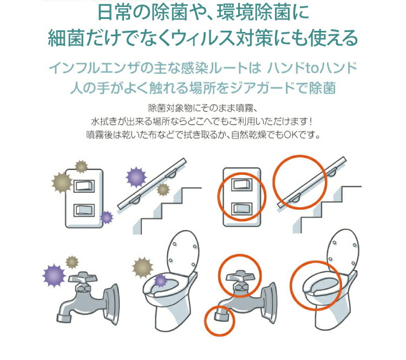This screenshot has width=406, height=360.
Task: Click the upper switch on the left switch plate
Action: (x=84, y=186)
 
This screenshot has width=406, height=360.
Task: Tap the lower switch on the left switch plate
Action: (x=84, y=210)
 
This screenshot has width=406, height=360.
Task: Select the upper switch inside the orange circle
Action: (x=241, y=185)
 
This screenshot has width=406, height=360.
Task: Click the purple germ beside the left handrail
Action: (x=136, y=178)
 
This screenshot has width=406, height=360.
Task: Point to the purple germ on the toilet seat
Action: (x=161, y=281)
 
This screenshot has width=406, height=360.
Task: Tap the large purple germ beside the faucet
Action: (x=54, y=276)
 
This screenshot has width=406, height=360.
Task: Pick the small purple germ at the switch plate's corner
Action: (x=107, y=217)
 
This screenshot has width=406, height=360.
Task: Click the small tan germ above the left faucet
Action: (x=72, y=262)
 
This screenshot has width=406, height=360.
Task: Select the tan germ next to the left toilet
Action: (x=142, y=267)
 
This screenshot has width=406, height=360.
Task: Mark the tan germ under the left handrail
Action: (x=163, y=189)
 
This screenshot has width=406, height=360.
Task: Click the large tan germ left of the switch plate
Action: (x=62, y=182)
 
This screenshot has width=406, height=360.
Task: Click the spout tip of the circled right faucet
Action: (x=221, y=316)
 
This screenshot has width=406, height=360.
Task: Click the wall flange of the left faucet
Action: (x=112, y=304)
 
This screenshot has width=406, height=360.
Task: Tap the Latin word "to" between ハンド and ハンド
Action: (x=311, y=68)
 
